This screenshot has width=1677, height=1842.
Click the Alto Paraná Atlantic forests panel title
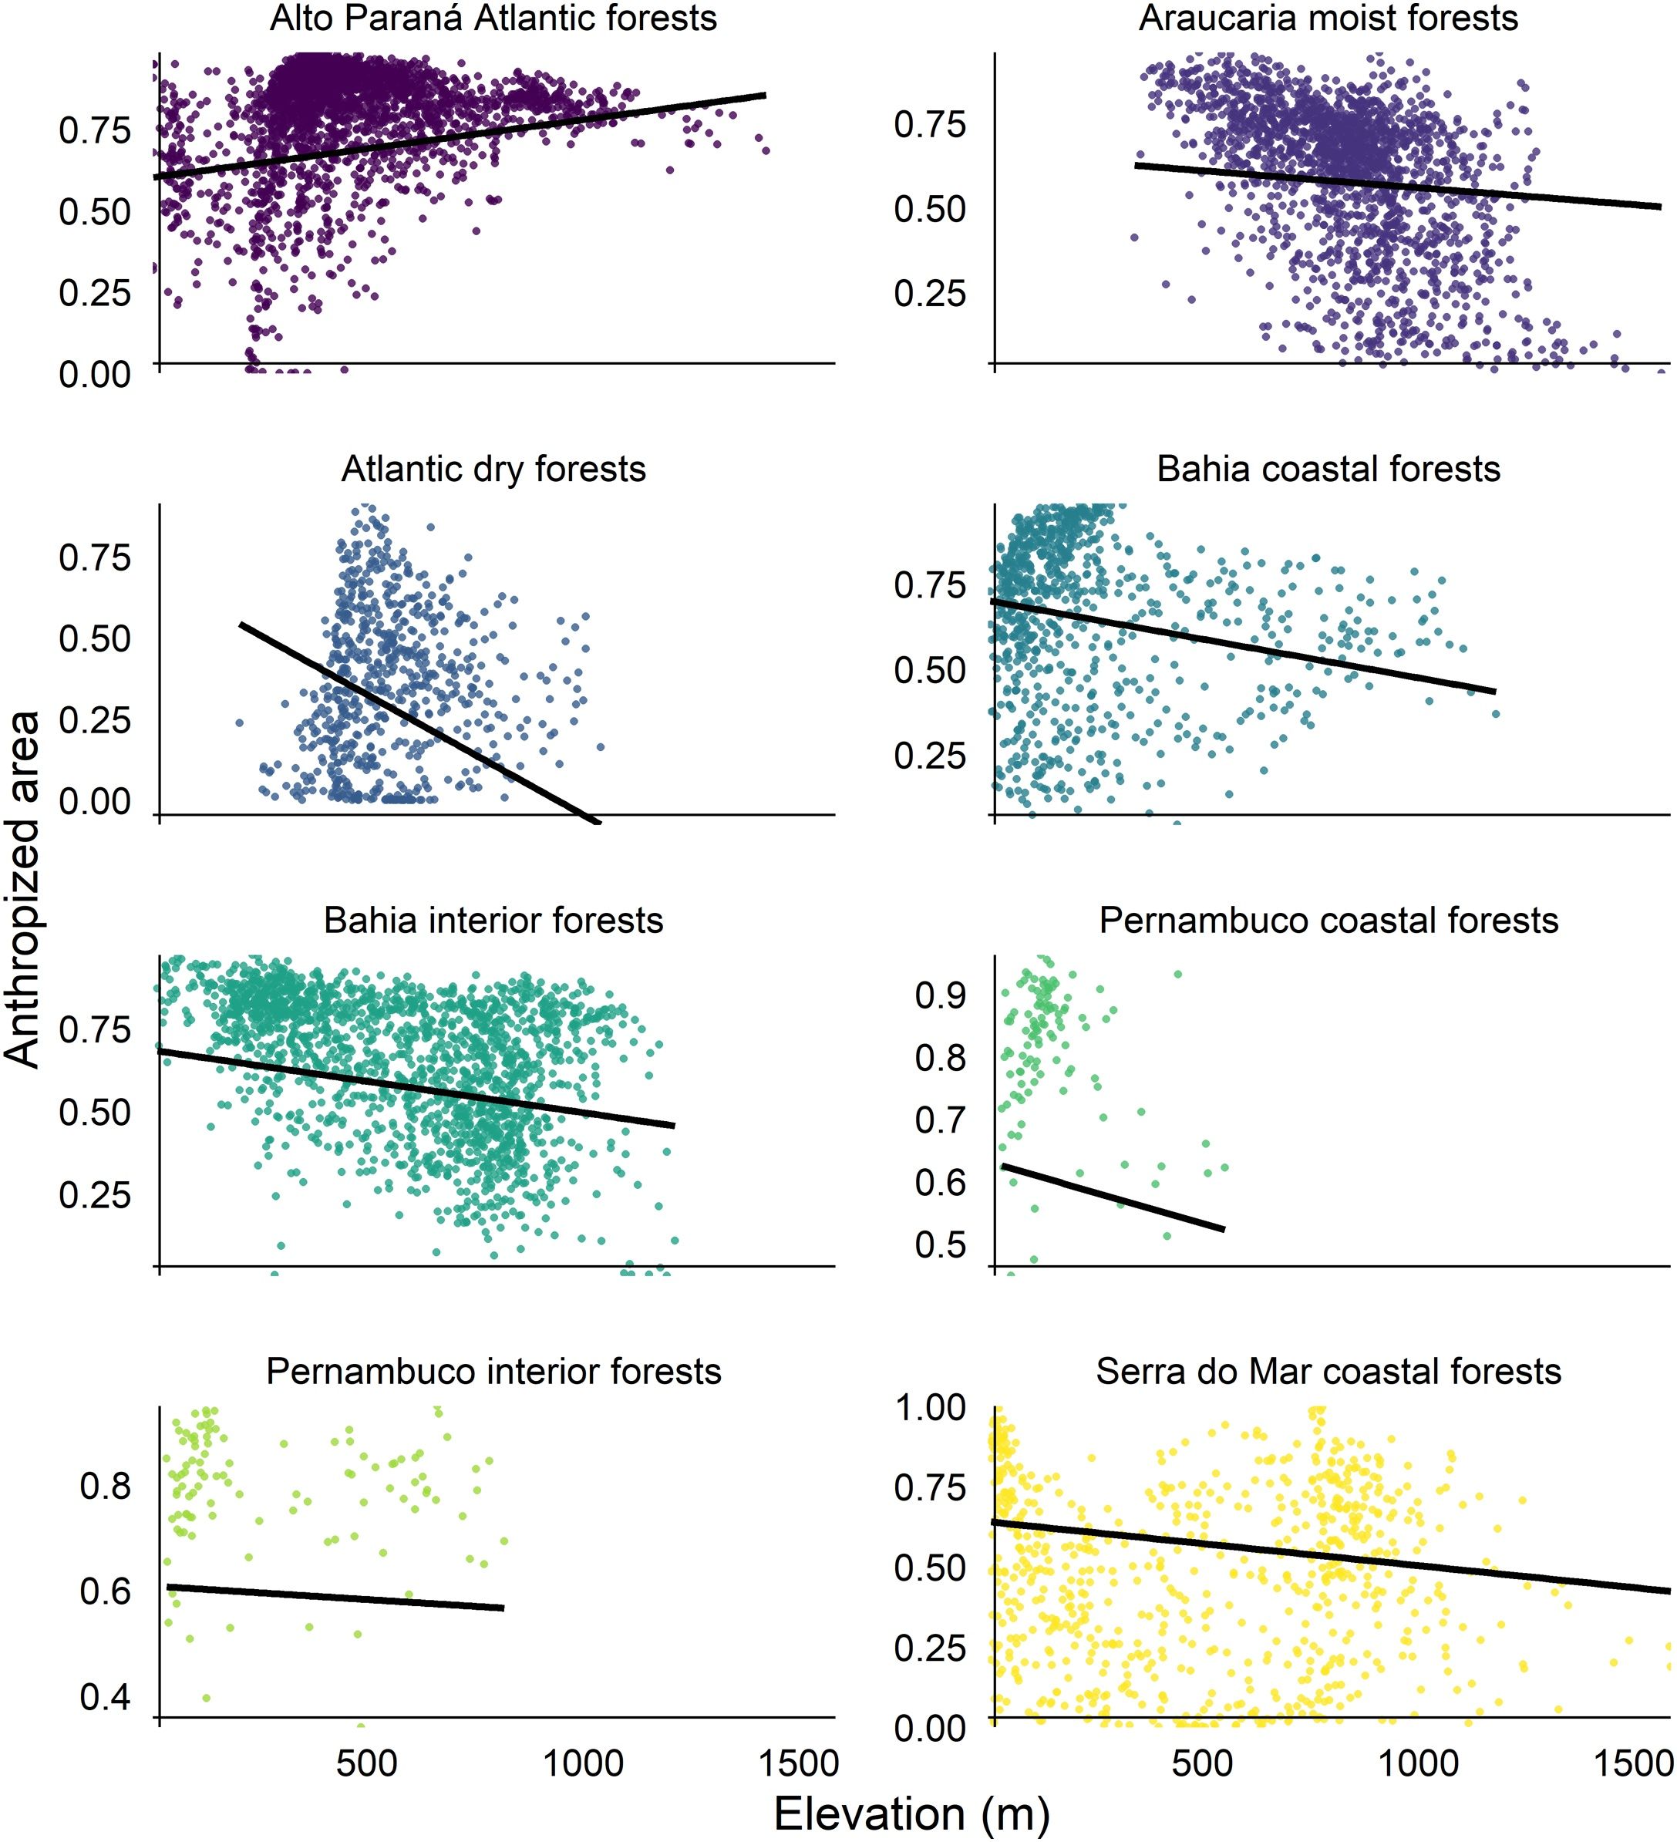(x=493, y=19)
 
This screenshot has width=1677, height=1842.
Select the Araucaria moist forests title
(x=1328, y=19)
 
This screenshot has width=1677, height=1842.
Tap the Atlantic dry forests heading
(x=493, y=470)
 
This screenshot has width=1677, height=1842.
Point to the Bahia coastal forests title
(x=1328, y=470)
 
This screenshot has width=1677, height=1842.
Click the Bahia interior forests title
(x=493, y=920)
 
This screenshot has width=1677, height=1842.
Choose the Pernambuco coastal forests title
(x=1328, y=920)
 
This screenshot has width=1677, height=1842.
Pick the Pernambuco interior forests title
(x=493, y=1372)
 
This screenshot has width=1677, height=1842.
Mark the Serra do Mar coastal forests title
(x=1328, y=1372)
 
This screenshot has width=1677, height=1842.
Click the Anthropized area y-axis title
(x=22, y=889)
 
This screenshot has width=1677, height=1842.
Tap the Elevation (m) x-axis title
(x=911, y=1813)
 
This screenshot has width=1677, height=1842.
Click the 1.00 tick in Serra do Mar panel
(x=929, y=1408)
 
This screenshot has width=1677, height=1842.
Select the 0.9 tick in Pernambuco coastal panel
(x=941, y=995)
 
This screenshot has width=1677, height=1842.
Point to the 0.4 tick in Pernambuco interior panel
(x=105, y=1697)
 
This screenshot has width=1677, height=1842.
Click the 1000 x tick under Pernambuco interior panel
(x=583, y=1763)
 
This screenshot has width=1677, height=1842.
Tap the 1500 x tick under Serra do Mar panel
(x=1633, y=1763)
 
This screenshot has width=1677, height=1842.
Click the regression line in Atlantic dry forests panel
(x=411, y=719)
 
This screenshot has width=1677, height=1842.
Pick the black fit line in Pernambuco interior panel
(x=335, y=1597)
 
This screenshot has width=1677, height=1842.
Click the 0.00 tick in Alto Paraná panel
(x=94, y=374)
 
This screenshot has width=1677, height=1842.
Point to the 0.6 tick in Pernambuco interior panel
(x=105, y=1591)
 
